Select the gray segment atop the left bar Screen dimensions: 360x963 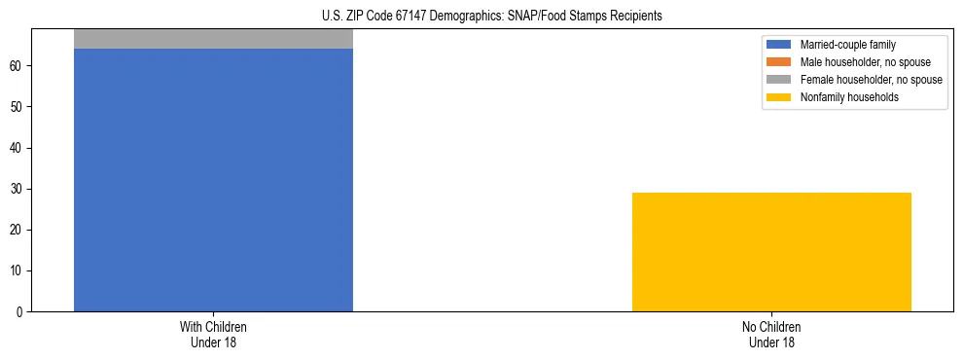click(213, 38)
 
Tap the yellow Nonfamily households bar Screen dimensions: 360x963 click(771, 252)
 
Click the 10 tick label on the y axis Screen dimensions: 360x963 click(19, 271)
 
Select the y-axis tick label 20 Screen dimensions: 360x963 click(19, 231)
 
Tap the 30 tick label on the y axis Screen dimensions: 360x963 click(19, 190)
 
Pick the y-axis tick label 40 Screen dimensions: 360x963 click(19, 148)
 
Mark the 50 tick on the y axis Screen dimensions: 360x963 click(19, 107)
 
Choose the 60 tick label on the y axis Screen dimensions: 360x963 click(19, 66)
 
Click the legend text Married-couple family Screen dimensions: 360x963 click(847, 45)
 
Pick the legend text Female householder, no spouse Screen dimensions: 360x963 click(871, 80)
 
